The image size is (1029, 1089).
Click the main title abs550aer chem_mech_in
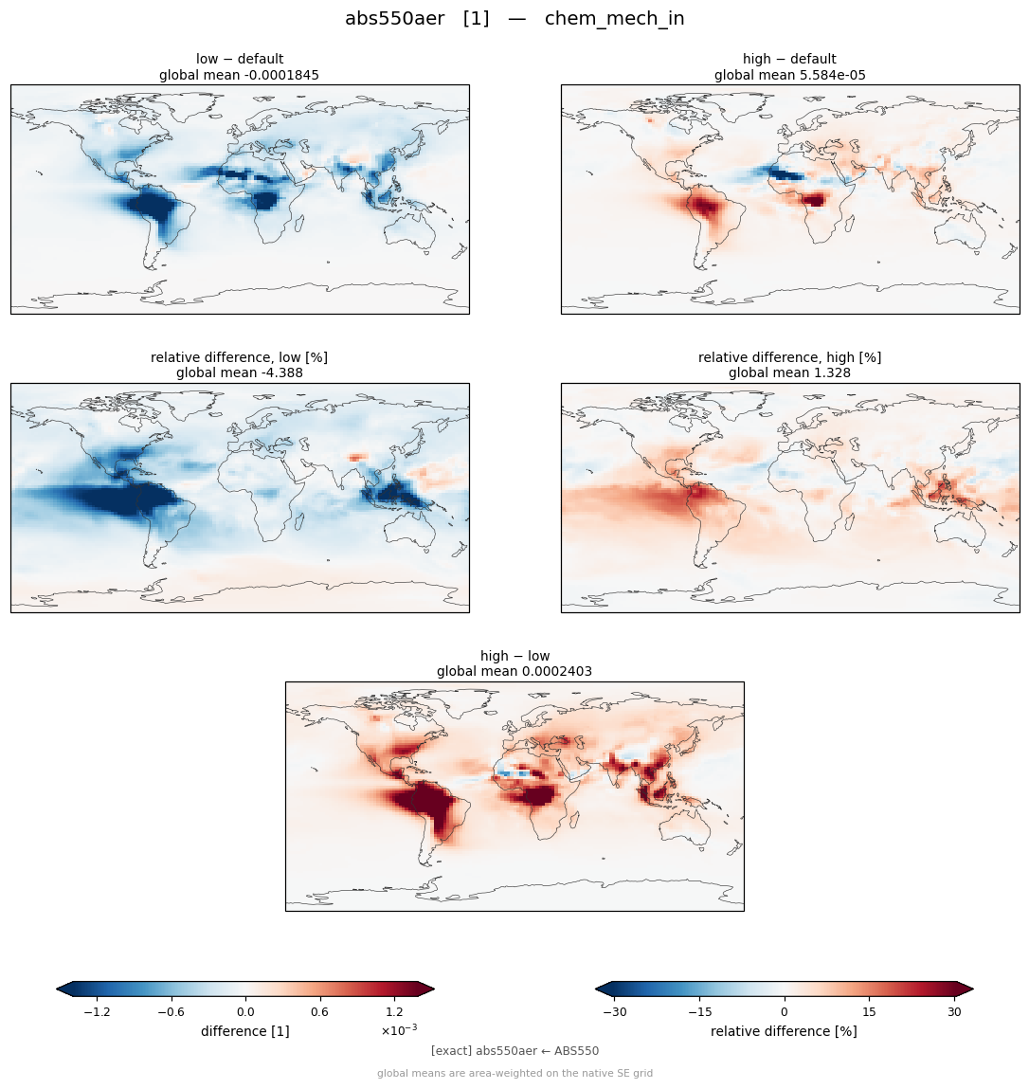tap(514, 19)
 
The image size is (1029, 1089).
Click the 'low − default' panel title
tap(240, 59)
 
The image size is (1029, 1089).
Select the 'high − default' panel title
tap(789, 59)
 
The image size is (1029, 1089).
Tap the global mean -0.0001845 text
tap(239, 75)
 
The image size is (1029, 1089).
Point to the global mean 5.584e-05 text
tap(790, 75)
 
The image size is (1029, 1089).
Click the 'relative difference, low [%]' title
tap(239, 357)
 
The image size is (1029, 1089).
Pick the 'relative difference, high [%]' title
tap(789, 357)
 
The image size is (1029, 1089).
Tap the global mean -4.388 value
tap(239, 373)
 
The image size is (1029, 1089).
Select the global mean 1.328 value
tap(789, 373)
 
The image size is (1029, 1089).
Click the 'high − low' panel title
tap(514, 656)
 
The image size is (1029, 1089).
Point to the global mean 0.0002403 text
tap(514, 672)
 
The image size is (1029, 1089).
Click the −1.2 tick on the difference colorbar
tap(97, 1012)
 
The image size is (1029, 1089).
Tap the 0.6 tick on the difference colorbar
tap(319, 1012)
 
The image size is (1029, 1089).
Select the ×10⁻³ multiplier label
tap(399, 1030)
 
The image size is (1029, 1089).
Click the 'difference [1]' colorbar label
tap(245, 1032)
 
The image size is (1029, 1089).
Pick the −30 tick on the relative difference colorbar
tap(615, 1012)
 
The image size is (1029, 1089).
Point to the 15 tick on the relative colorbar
tap(869, 1012)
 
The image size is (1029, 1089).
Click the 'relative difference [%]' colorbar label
tap(784, 1032)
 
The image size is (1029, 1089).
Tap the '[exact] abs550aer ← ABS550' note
tap(514, 1051)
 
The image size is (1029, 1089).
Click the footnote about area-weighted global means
tap(514, 1074)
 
